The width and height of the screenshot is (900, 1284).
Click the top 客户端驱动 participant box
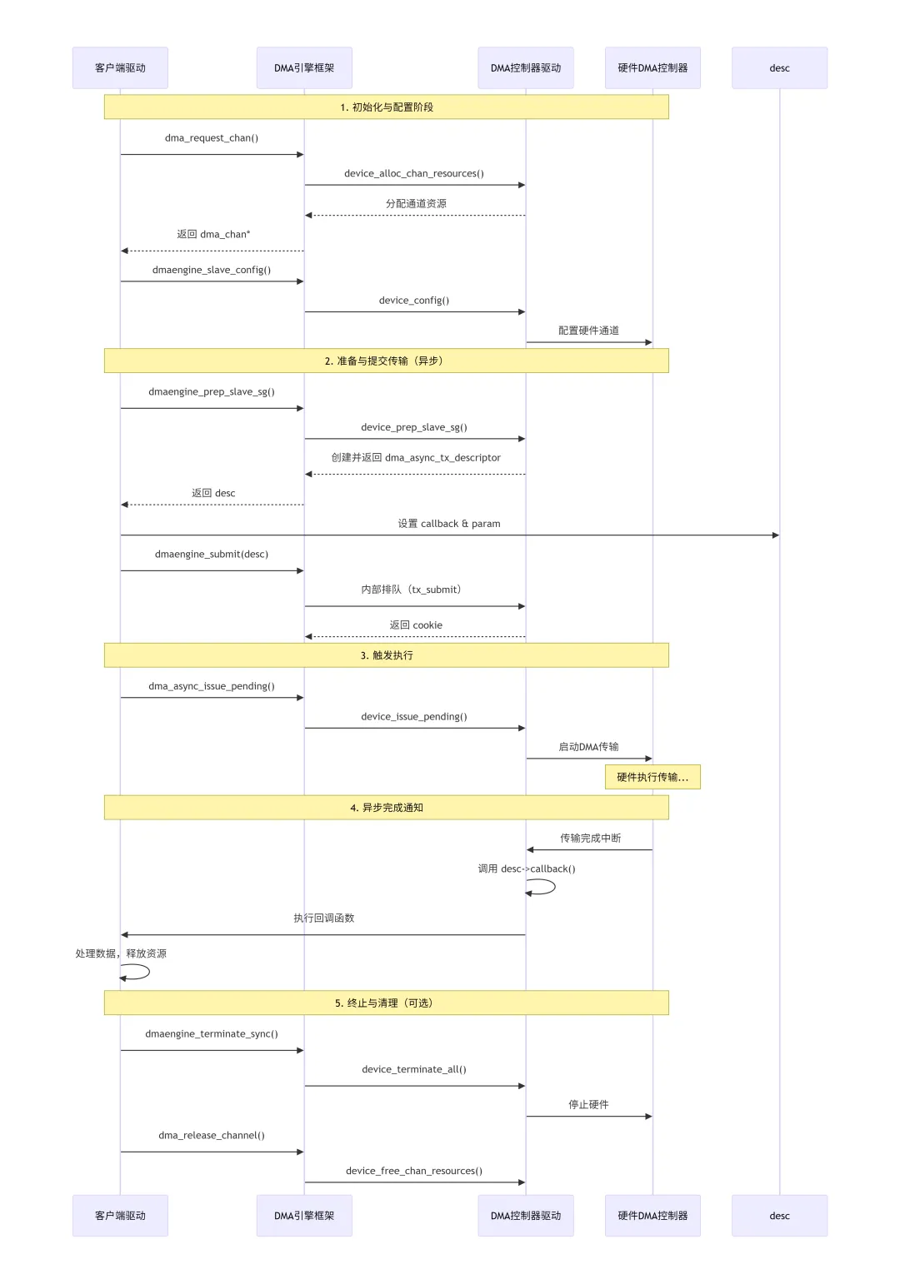[x=120, y=67]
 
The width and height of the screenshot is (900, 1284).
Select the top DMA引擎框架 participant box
[x=304, y=67]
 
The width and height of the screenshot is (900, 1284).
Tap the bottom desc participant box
[x=779, y=1216]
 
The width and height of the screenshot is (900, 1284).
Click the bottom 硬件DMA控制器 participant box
[x=652, y=1216]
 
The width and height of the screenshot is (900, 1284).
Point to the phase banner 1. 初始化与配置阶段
[x=386, y=107]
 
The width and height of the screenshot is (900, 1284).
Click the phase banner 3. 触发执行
[x=386, y=655]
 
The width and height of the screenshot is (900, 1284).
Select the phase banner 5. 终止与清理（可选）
[x=386, y=1003]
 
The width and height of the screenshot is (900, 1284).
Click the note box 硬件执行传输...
[x=652, y=777]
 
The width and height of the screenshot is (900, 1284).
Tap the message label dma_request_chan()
[x=212, y=138]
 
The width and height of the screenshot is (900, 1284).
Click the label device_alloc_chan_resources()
[x=414, y=173]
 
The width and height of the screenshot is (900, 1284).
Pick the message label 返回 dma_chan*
[x=213, y=234]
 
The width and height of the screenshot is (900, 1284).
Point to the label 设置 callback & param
[x=449, y=524]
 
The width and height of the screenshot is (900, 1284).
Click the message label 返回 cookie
[x=416, y=625]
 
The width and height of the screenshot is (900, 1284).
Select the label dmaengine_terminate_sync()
[x=212, y=1033]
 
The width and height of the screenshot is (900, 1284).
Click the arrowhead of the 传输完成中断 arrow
[x=531, y=850]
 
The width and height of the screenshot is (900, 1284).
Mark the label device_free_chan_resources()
[x=414, y=1171]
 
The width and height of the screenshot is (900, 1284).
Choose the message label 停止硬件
[x=588, y=1104]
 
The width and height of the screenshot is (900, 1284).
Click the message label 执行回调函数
[x=324, y=918]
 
